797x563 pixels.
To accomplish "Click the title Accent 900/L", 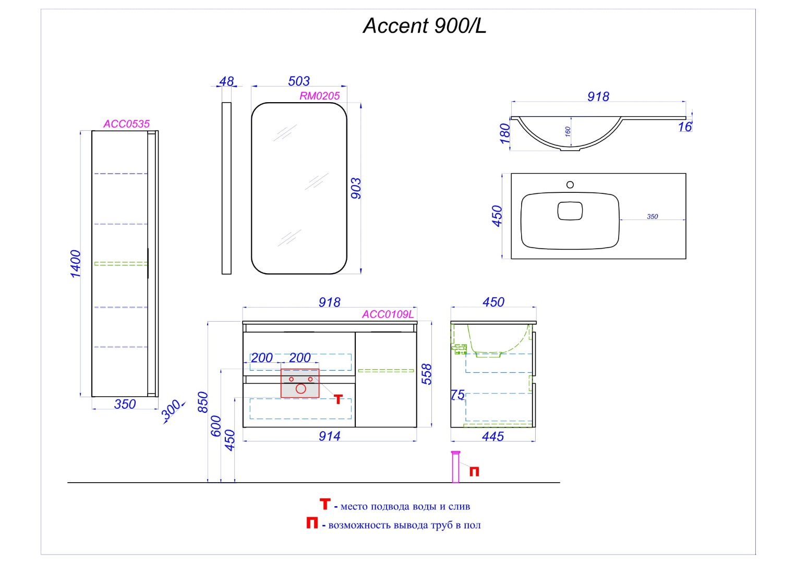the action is [425, 26].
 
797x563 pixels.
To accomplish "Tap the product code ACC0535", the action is [126, 124].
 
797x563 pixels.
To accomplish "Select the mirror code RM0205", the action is [320, 96].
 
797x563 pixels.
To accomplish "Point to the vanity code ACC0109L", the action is [388, 314].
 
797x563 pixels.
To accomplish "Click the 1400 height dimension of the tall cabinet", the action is [76, 264].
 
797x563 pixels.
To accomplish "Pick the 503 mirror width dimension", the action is [299, 81].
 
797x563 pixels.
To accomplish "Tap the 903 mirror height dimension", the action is [356, 188].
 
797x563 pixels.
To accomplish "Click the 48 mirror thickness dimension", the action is [226, 81].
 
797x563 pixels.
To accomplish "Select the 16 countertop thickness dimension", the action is [685, 127].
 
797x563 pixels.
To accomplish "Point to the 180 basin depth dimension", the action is [505, 133].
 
